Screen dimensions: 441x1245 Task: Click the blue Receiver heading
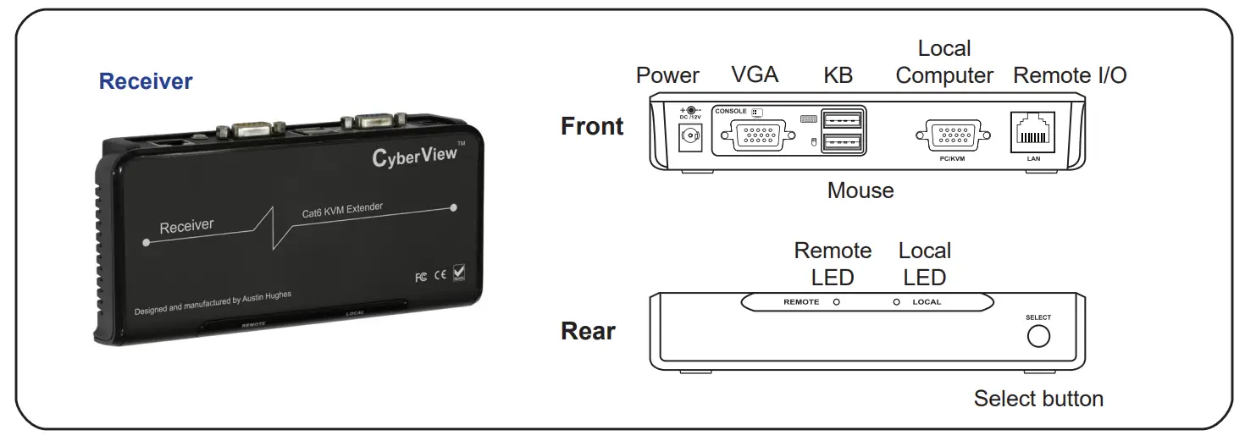(146, 82)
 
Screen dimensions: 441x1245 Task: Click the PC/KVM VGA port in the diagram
(952, 135)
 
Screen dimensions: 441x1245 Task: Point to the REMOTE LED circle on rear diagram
(836, 302)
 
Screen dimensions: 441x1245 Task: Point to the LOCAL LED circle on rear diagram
(896, 302)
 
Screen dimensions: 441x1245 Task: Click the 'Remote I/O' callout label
(1070, 75)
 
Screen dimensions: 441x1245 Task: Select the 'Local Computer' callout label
(944, 63)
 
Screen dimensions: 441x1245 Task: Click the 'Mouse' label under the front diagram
(860, 190)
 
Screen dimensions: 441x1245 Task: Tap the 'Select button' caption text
(1038, 399)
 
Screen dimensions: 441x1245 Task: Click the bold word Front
(592, 126)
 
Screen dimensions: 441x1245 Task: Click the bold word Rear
(588, 331)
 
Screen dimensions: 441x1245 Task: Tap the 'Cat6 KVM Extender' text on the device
(342, 211)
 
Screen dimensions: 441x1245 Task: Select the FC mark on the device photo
(421, 277)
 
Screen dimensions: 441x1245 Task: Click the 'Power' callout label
(667, 75)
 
